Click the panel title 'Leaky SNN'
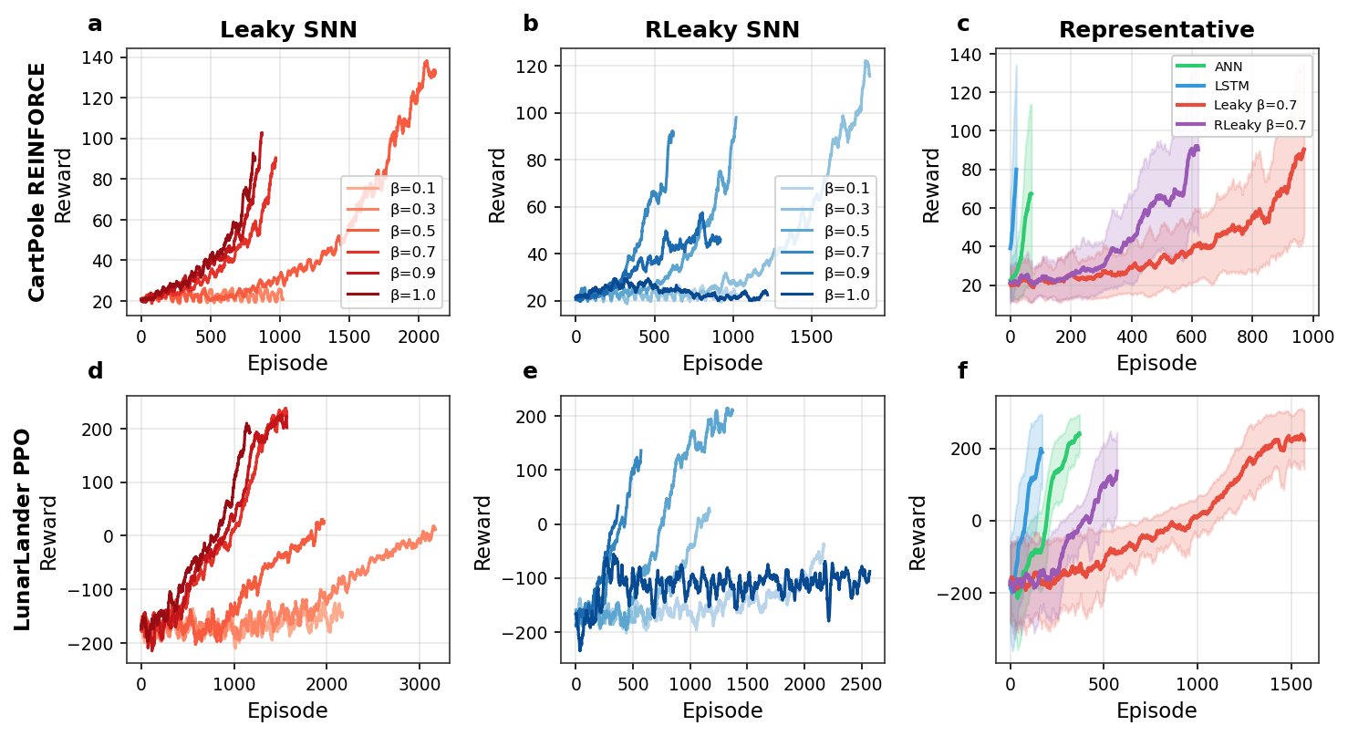pyautogui.click(x=288, y=30)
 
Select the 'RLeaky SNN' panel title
pyautogui.click(x=722, y=30)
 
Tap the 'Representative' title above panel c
pyautogui.click(x=1156, y=30)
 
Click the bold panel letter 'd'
pyautogui.click(x=95, y=371)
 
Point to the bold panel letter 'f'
pyautogui.click(x=963, y=371)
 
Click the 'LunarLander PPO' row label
pyautogui.click(x=23, y=530)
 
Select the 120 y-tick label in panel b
pyautogui.click(x=537, y=67)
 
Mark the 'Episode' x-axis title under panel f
pyautogui.click(x=1156, y=710)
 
